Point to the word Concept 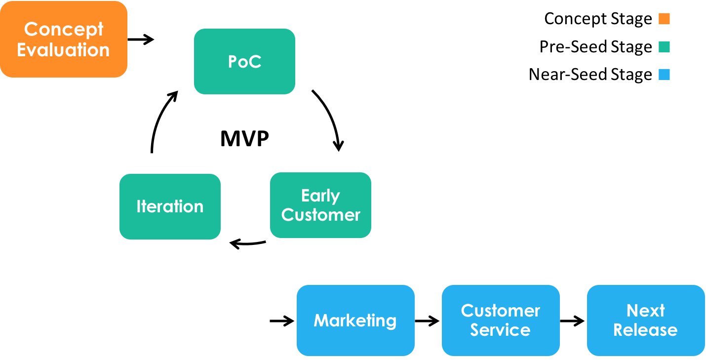[x=64, y=29]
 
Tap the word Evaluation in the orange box [x=63, y=50]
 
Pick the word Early [x=320, y=196]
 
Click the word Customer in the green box [x=320, y=215]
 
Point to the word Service [x=500, y=329]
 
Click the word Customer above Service [x=500, y=311]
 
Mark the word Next [x=645, y=311]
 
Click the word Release [x=645, y=329]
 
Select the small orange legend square [x=664, y=19]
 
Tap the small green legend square [x=664, y=47]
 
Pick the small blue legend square [x=664, y=75]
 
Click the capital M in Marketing [x=321, y=320]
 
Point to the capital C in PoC [x=255, y=62]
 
